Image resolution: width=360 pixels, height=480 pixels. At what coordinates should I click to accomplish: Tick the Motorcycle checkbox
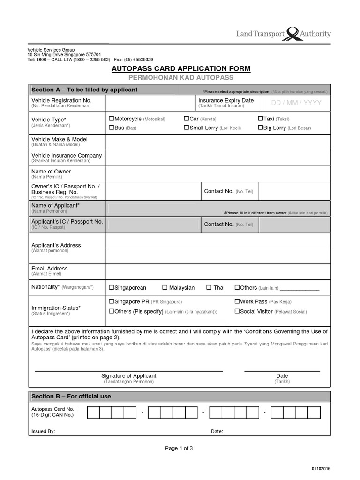pyautogui.click(x=112, y=119)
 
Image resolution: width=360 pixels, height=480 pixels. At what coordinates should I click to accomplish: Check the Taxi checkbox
pyautogui.click(x=261, y=119)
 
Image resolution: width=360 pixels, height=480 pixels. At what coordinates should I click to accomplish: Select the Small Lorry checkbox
pyautogui.click(x=187, y=127)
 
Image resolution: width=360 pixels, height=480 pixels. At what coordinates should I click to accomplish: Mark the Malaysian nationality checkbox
pyautogui.click(x=165, y=288)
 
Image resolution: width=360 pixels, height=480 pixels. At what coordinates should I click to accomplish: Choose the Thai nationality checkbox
pyautogui.click(x=209, y=288)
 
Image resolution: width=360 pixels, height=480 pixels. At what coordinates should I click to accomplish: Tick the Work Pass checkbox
pyautogui.click(x=237, y=302)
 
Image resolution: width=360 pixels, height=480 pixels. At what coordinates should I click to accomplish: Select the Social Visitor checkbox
pyautogui.click(x=237, y=311)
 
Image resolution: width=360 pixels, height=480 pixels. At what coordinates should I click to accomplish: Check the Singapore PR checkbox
pyautogui.click(x=112, y=302)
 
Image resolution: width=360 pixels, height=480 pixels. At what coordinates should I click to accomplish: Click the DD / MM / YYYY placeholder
pyautogui.click(x=297, y=103)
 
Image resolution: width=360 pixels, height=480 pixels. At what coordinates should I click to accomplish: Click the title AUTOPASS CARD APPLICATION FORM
pyautogui.click(x=181, y=69)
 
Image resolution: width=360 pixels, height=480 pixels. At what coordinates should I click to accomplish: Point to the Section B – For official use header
pyautogui.click(x=71, y=397)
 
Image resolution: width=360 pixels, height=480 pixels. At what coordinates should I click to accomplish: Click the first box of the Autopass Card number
pyautogui.click(x=93, y=412)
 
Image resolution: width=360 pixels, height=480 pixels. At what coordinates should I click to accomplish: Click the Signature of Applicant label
pyautogui.click(x=129, y=376)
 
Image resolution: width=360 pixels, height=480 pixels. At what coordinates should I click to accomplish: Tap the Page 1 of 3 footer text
pyautogui.click(x=179, y=449)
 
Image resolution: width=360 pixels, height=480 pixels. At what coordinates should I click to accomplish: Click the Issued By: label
pyautogui.click(x=43, y=432)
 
